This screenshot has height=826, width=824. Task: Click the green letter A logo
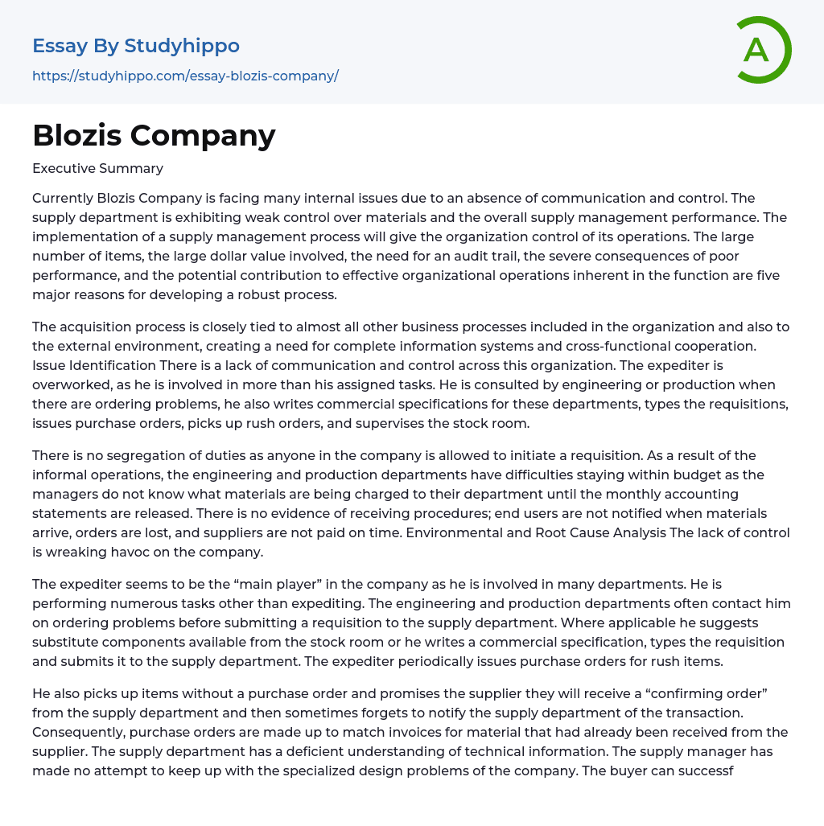coord(763,50)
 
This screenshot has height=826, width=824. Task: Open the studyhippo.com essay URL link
coord(185,76)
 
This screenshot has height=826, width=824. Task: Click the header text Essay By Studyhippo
coord(136,46)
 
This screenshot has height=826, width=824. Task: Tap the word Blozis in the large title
coord(76,135)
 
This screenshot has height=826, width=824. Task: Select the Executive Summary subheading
coord(97,168)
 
